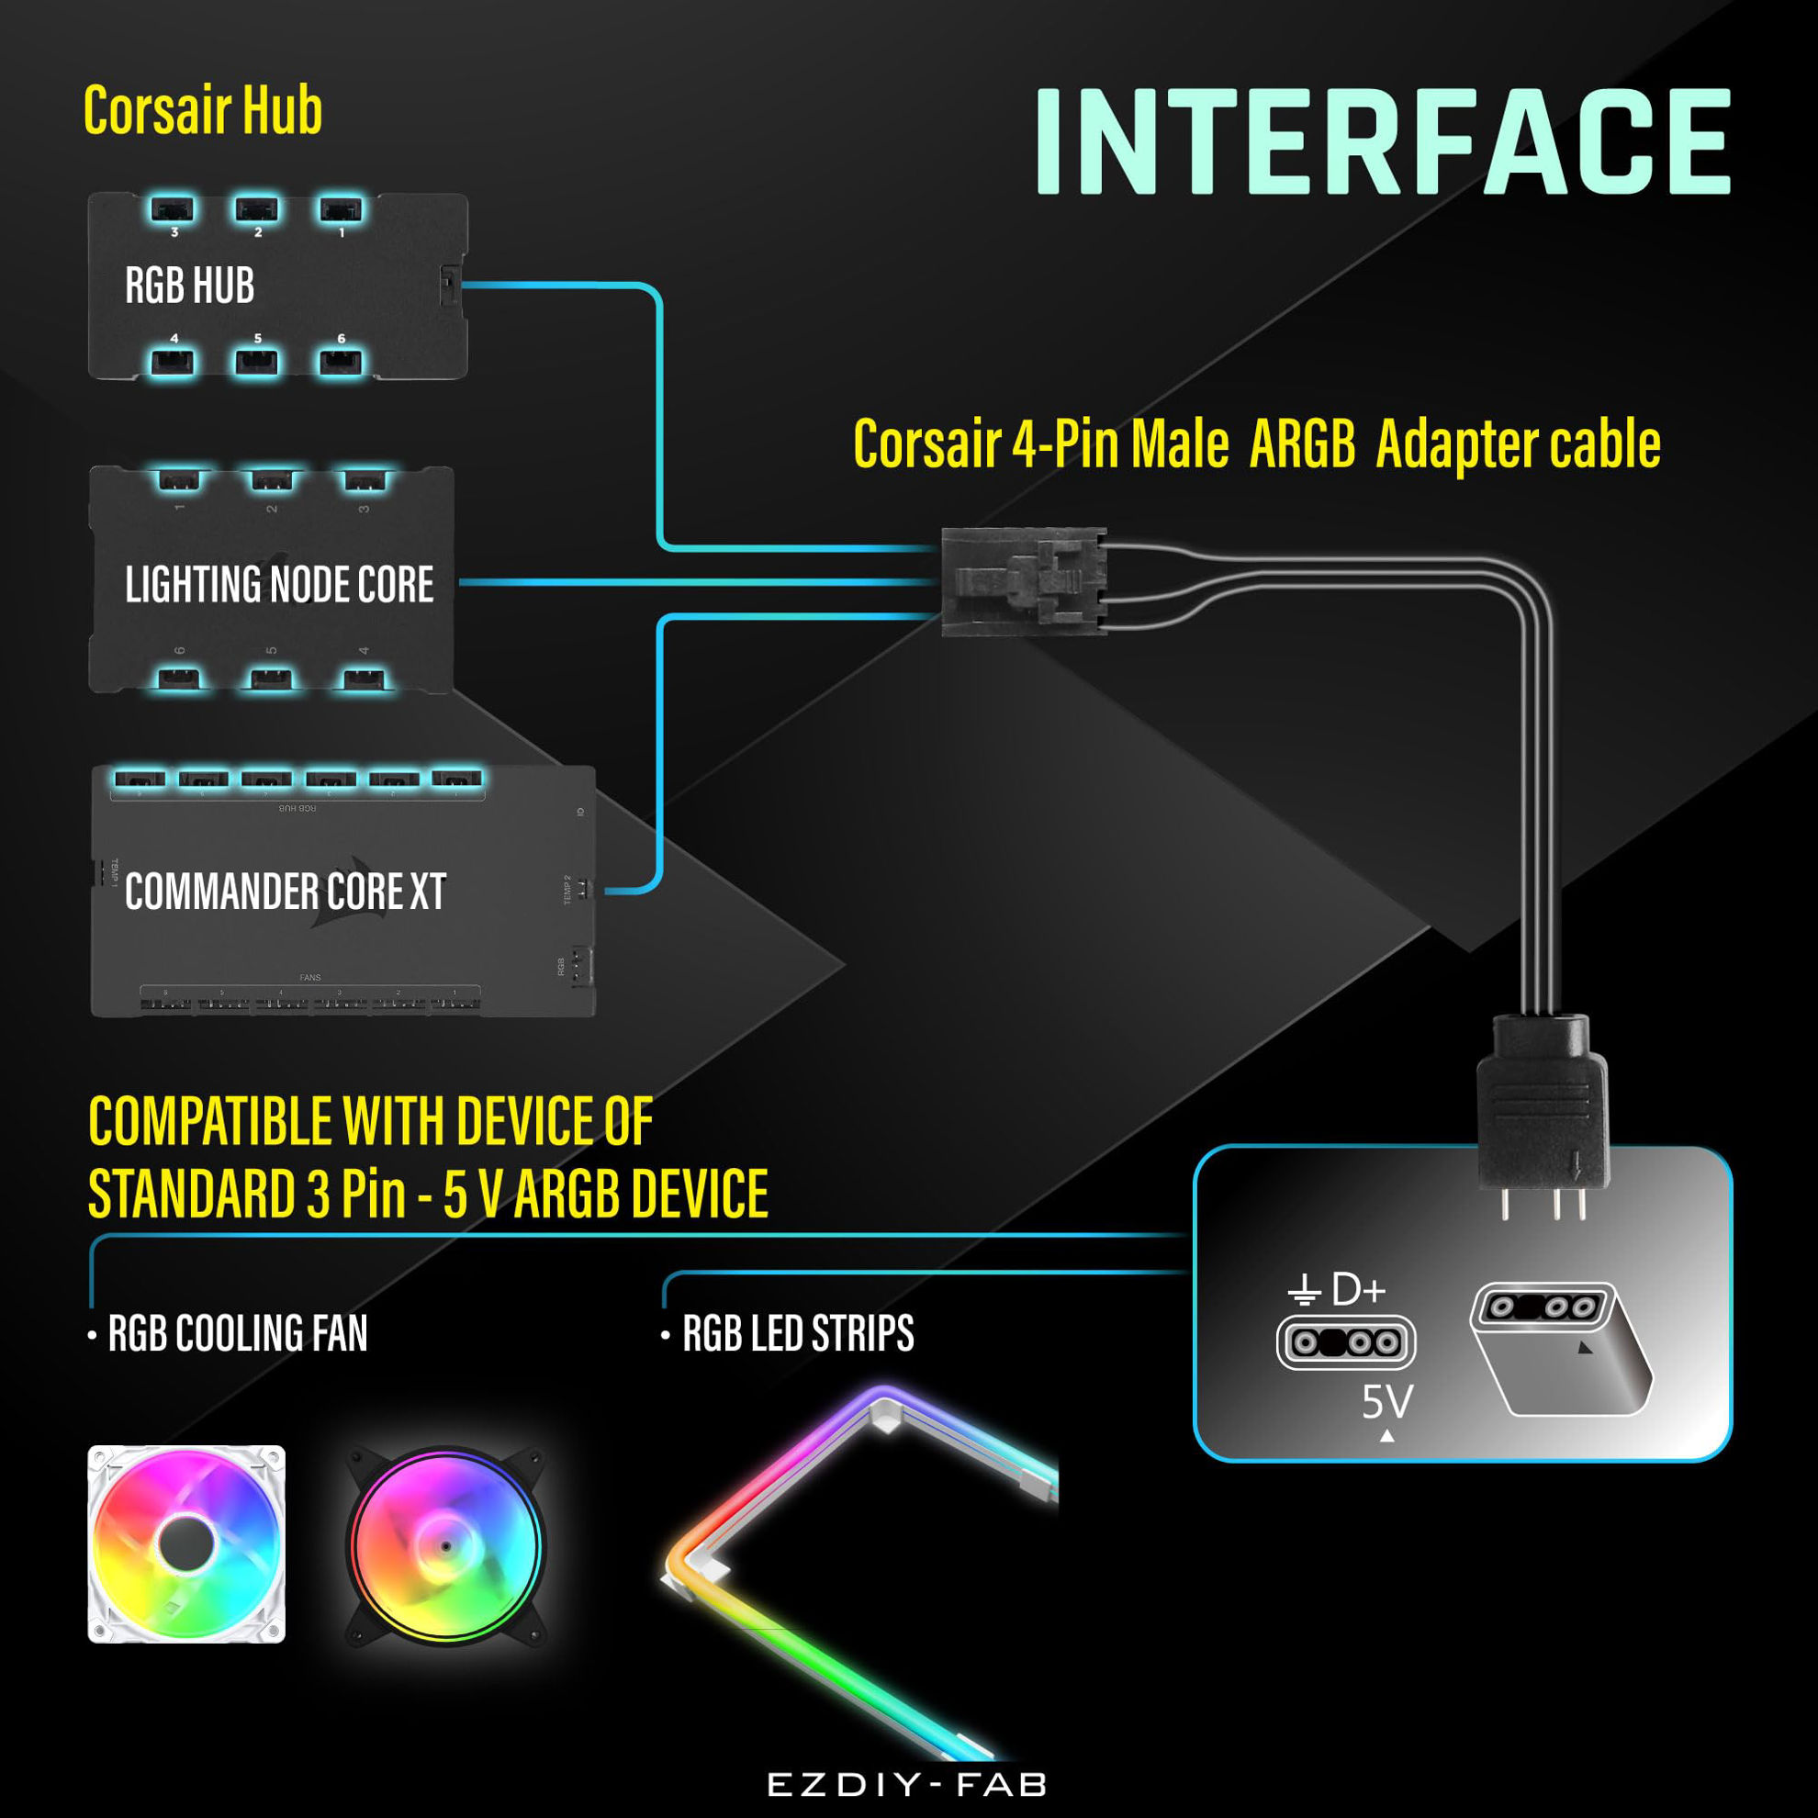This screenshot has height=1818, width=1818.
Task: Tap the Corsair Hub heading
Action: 202,110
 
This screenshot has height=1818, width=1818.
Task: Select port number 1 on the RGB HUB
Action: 341,210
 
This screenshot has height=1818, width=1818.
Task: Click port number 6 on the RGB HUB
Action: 341,362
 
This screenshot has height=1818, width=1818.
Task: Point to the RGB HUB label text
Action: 189,286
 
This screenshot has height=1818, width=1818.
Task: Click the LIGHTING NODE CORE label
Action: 279,584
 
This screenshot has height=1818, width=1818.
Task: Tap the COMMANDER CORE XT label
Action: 286,892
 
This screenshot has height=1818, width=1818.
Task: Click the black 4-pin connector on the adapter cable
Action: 1023,581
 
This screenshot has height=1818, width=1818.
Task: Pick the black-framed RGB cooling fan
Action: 446,1546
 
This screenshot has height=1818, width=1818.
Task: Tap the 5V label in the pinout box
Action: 1387,1402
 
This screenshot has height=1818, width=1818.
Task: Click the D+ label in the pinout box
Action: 1359,1290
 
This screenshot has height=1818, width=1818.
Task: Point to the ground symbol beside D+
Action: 1303,1290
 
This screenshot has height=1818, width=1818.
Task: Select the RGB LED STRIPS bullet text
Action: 797,1333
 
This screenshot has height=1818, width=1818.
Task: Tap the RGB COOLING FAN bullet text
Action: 237,1333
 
